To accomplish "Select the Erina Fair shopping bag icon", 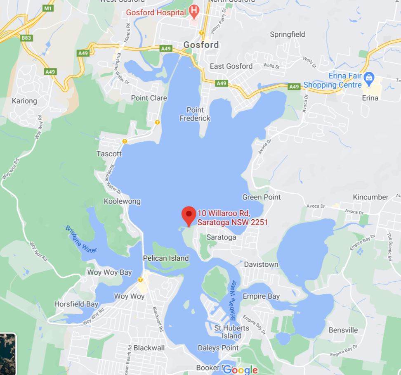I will coord(369,77).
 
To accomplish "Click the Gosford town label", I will coord(201,45).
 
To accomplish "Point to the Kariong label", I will coord(24,101).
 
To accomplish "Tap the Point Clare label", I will coord(149,98).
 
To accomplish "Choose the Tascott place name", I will coord(109,154).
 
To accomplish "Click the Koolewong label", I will coord(122,202).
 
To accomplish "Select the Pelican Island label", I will coord(166,258).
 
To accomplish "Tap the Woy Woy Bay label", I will coord(109,272).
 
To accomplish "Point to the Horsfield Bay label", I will coord(76,304).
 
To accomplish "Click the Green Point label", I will coord(261,197).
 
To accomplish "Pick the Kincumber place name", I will coord(370,197).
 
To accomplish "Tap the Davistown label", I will coord(261,264).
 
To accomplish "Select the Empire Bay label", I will coord(261,296).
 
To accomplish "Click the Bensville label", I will coord(343,330).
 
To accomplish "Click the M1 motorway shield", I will coord(48,8).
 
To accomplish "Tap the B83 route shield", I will coord(26,38).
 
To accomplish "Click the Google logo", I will coord(241,370).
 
